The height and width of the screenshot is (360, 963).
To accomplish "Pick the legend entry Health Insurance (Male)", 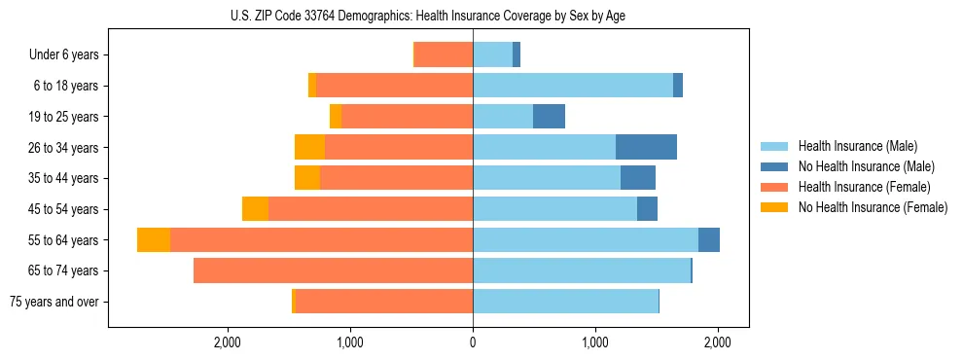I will point(858,146).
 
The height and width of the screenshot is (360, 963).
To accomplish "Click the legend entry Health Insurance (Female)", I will point(862,187).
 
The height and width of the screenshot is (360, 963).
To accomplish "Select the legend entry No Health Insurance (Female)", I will point(873,207).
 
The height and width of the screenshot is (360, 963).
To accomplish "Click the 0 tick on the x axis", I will point(473,342).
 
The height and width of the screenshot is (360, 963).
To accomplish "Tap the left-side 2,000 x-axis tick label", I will point(228,342).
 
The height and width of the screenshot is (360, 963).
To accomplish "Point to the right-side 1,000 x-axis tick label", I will point(595,342).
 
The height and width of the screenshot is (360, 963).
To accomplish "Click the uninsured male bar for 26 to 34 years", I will point(646,147).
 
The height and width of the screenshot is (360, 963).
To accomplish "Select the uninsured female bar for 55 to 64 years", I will point(154,240).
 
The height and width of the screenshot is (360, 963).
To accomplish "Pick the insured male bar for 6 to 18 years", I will point(573,86).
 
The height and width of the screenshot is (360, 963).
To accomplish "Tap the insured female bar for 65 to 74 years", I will point(334,270).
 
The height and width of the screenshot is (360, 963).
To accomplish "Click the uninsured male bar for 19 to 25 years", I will point(549,117).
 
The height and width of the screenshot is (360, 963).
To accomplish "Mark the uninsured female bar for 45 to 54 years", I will point(255,209).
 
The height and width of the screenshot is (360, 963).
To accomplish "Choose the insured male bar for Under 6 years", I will point(492,54).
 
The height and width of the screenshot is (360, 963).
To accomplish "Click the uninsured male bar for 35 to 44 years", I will point(638,178).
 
